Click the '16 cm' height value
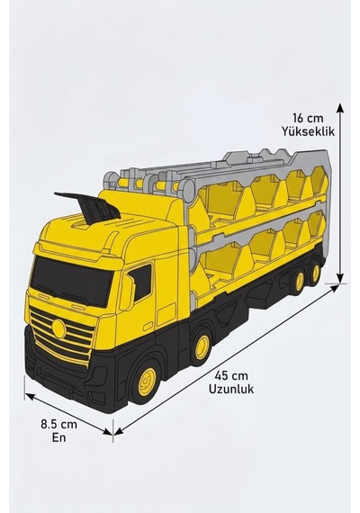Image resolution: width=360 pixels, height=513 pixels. pos(308,118)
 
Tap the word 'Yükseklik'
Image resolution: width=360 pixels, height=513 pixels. pos(308,131)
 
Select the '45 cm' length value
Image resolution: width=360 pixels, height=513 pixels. pos(231,375)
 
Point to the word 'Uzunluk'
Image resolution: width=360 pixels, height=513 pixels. pos(231,389)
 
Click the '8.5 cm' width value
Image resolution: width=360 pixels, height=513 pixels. pos(58,424)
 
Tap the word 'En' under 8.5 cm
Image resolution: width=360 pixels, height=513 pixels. pos(58,437)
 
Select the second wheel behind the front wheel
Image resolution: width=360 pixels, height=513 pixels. pos(202,346)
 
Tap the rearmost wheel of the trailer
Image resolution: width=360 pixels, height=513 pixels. pos(316,273)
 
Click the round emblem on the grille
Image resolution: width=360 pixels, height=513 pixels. pos(58,328)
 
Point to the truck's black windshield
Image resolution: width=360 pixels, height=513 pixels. pos(71,281)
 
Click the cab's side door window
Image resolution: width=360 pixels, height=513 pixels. pos(141,283)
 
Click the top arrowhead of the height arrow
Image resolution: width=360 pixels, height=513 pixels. pos(340,109)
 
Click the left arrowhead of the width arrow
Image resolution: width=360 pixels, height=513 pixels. pos(30,397)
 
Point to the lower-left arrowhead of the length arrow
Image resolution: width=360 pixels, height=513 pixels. pos(119,431)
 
